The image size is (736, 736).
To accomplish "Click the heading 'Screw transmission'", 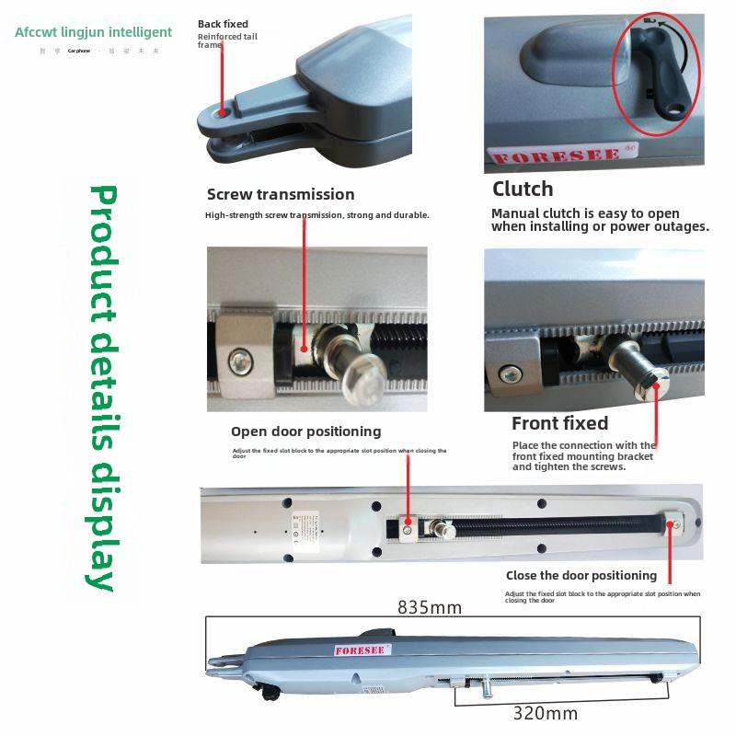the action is (281, 194).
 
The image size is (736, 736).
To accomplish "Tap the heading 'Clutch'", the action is (523, 189).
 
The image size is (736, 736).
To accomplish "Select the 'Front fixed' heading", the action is (559, 423).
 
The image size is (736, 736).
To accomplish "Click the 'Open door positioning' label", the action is (305, 431).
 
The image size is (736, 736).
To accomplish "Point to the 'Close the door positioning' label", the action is (581, 575).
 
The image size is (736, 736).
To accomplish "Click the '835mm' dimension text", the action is (430, 607).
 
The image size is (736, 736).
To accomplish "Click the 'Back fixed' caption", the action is (223, 24).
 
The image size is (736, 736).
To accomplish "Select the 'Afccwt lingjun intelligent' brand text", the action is (94, 32).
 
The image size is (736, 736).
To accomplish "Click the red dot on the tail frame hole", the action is (223, 112).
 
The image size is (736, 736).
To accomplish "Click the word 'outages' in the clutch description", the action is (677, 226).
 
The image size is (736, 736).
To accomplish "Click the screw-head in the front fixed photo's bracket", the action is (506, 374).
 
